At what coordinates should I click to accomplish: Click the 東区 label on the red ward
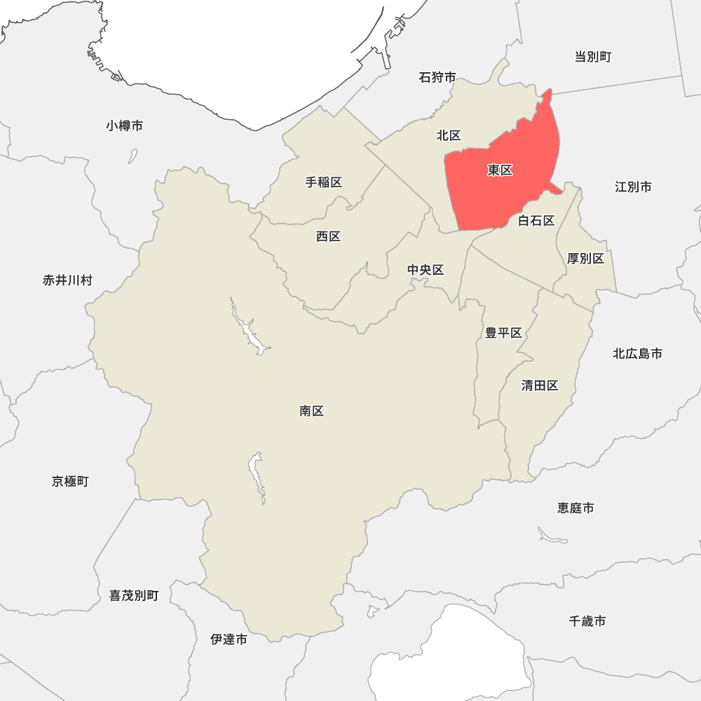(501, 170)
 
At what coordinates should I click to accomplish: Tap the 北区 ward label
(449, 135)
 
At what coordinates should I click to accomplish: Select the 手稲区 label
(324, 182)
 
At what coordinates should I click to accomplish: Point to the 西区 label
(328, 236)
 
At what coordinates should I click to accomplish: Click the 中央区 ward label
(426, 270)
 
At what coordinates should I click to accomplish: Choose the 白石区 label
(536, 221)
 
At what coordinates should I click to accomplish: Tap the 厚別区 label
(585, 259)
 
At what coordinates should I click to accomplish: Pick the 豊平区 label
(504, 332)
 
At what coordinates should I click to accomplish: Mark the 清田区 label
(540, 386)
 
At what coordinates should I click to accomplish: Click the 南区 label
(311, 411)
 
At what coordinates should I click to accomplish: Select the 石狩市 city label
(437, 77)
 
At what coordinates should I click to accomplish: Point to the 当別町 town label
(593, 57)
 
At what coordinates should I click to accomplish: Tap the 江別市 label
(633, 186)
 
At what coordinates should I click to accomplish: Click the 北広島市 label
(637, 353)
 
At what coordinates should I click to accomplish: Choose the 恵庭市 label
(576, 508)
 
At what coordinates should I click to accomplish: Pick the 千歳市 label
(587, 620)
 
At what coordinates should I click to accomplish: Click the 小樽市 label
(125, 125)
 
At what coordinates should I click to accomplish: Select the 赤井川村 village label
(67, 280)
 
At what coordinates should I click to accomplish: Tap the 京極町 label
(70, 482)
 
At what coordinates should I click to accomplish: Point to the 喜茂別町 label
(134, 596)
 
